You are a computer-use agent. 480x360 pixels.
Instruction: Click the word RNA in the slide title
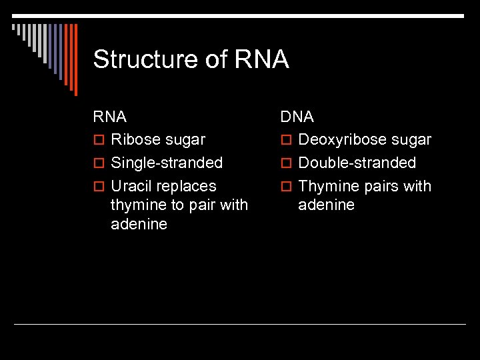click(261, 60)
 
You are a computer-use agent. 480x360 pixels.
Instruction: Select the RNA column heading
click(110, 117)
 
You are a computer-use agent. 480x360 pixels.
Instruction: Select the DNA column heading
click(297, 117)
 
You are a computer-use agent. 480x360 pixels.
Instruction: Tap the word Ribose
click(136, 140)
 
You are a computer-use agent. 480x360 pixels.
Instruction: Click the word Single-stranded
click(167, 163)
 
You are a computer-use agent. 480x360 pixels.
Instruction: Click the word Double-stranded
click(357, 163)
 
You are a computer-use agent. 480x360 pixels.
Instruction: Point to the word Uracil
click(131, 186)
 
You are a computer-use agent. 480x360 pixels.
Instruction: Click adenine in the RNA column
click(139, 224)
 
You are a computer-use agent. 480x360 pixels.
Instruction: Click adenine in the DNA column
click(326, 205)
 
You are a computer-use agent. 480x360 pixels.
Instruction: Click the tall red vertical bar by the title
click(75, 59)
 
